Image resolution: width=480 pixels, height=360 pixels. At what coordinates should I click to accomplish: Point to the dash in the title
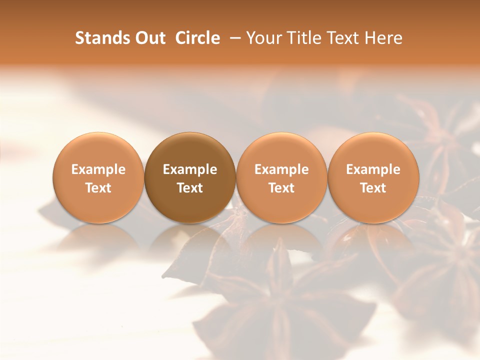click(233, 38)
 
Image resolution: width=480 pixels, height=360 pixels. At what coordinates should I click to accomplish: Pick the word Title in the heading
click(302, 38)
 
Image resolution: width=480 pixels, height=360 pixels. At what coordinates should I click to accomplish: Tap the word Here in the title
click(383, 38)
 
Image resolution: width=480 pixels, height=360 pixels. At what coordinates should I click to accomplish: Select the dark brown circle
click(190, 177)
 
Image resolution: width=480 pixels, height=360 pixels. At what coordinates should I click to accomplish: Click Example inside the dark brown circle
click(190, 169)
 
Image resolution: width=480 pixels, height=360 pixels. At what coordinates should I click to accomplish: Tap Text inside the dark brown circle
click(190, 188)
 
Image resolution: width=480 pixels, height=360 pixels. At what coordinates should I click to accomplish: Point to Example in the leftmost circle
click(98, 169)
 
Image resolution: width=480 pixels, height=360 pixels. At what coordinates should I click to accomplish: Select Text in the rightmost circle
click(373, 188)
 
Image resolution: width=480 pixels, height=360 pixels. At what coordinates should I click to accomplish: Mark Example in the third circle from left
click(281, 169)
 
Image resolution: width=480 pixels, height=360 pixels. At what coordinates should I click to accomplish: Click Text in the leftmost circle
click(98, 188)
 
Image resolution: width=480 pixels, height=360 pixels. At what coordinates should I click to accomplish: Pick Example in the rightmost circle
click(373, 169)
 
